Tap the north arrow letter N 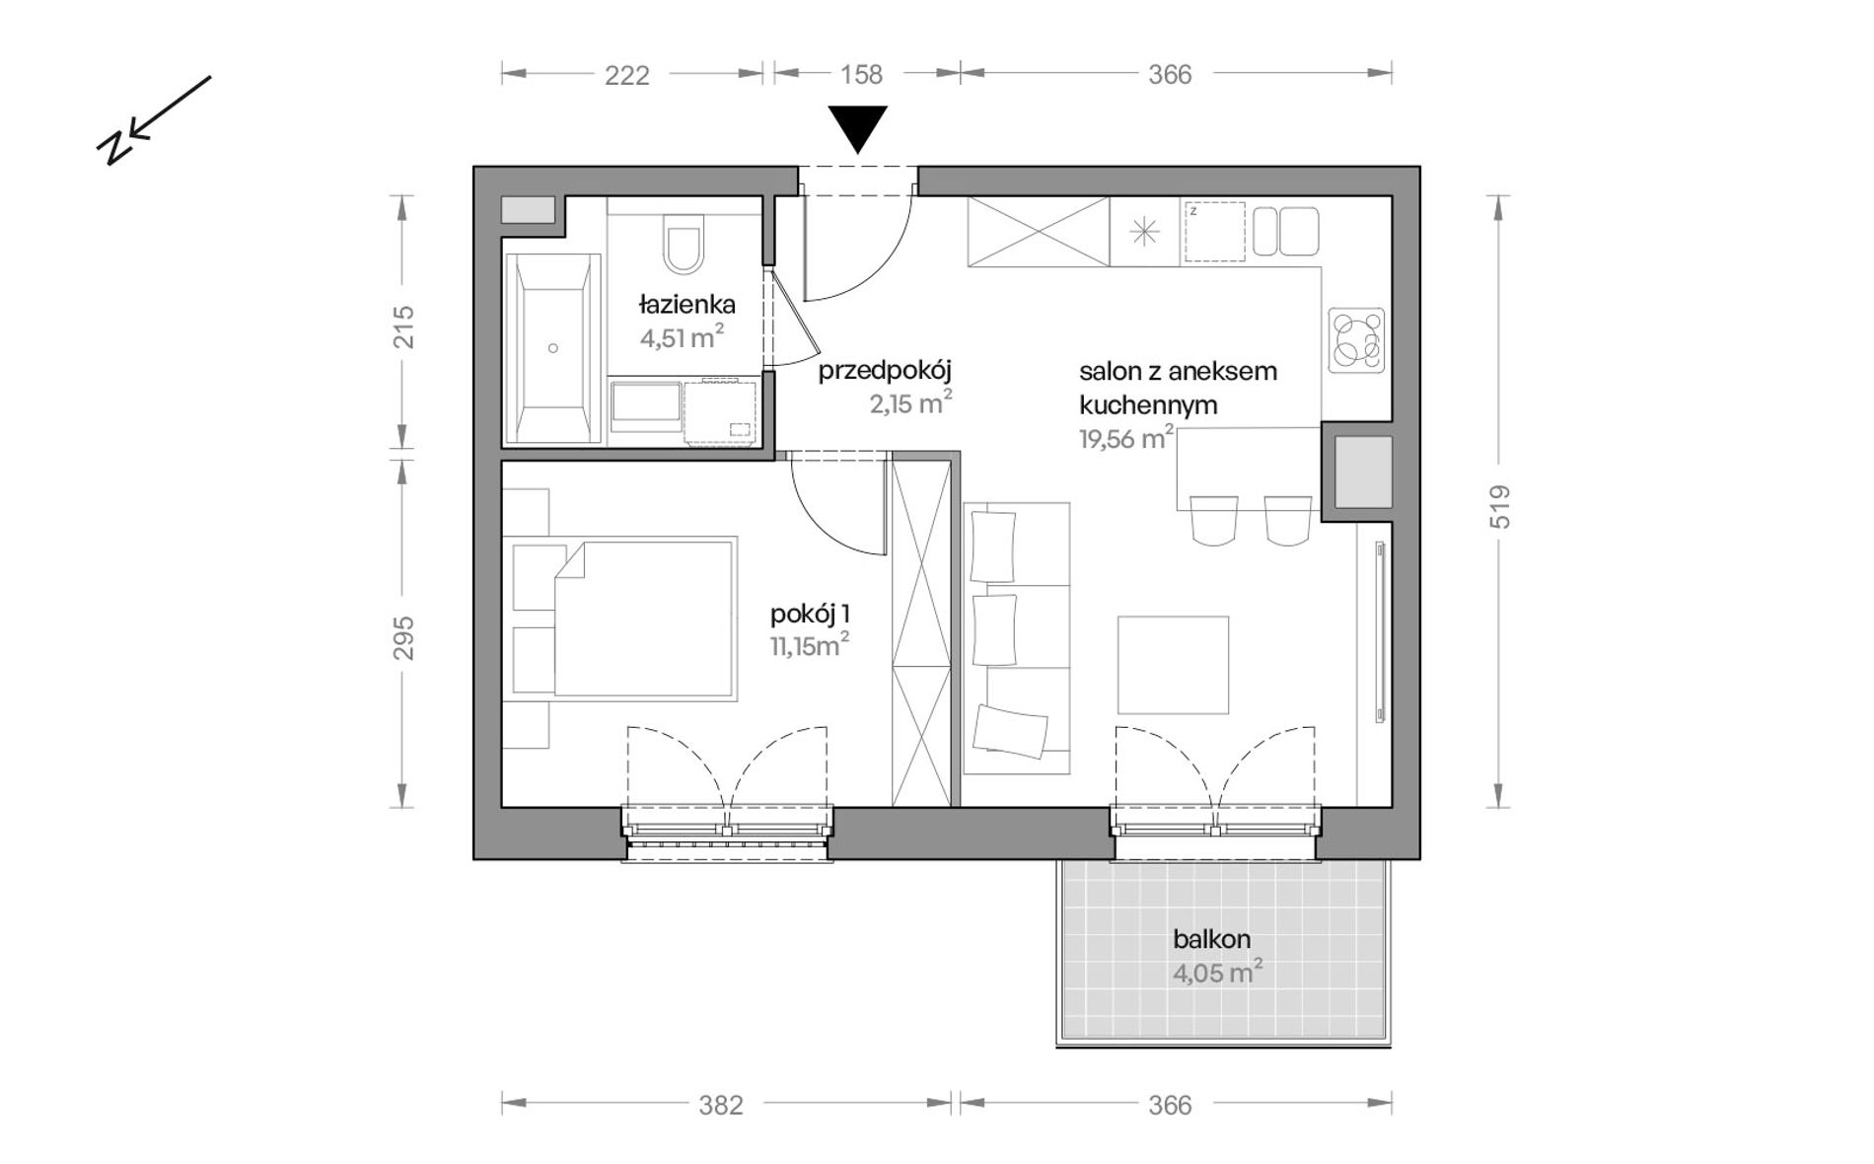coord(113,144)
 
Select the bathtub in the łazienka coord(553,348)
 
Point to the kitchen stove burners coord(1357,340)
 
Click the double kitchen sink coord(1286,231)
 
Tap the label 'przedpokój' coord(885,372)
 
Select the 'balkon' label coord(1212,939)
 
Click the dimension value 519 coord(1500,506)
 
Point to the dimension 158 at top coord(861,75)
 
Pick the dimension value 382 coord(721,1106)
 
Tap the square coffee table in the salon coord(1173,665)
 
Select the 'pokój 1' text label coord(810,616)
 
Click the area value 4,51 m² coord(683,337)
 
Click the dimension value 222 coord(627,75)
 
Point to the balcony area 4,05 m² coord(1217,973)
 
